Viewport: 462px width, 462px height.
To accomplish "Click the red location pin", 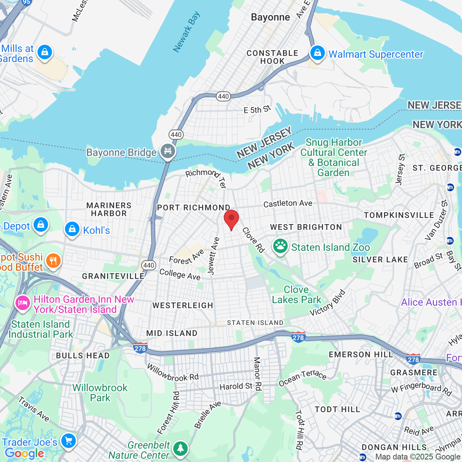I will click(231, 218).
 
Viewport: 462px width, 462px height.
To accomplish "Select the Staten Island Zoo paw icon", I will click(280, 247).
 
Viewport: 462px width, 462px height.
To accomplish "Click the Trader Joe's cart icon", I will click(68, 441).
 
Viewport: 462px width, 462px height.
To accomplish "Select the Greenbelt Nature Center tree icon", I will click(180, 449).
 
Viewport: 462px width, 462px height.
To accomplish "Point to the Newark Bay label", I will click(186, 32).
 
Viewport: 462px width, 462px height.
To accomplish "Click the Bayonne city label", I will click(270, 17).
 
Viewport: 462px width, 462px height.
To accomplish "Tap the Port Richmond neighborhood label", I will click(193, 208).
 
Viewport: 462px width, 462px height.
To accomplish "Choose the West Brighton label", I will click(306, 227).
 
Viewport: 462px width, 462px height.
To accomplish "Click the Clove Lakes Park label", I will click(296, 295).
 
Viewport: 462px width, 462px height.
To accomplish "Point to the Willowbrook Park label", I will click(100, 393).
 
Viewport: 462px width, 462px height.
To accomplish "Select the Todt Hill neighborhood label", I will click(337, 409).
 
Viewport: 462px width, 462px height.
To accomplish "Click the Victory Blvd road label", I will click(327, 303).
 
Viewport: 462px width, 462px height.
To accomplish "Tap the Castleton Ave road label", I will click(288, 204).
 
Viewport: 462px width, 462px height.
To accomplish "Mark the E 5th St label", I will click(257, 109).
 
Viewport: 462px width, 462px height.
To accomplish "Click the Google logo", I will click(24, 453).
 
